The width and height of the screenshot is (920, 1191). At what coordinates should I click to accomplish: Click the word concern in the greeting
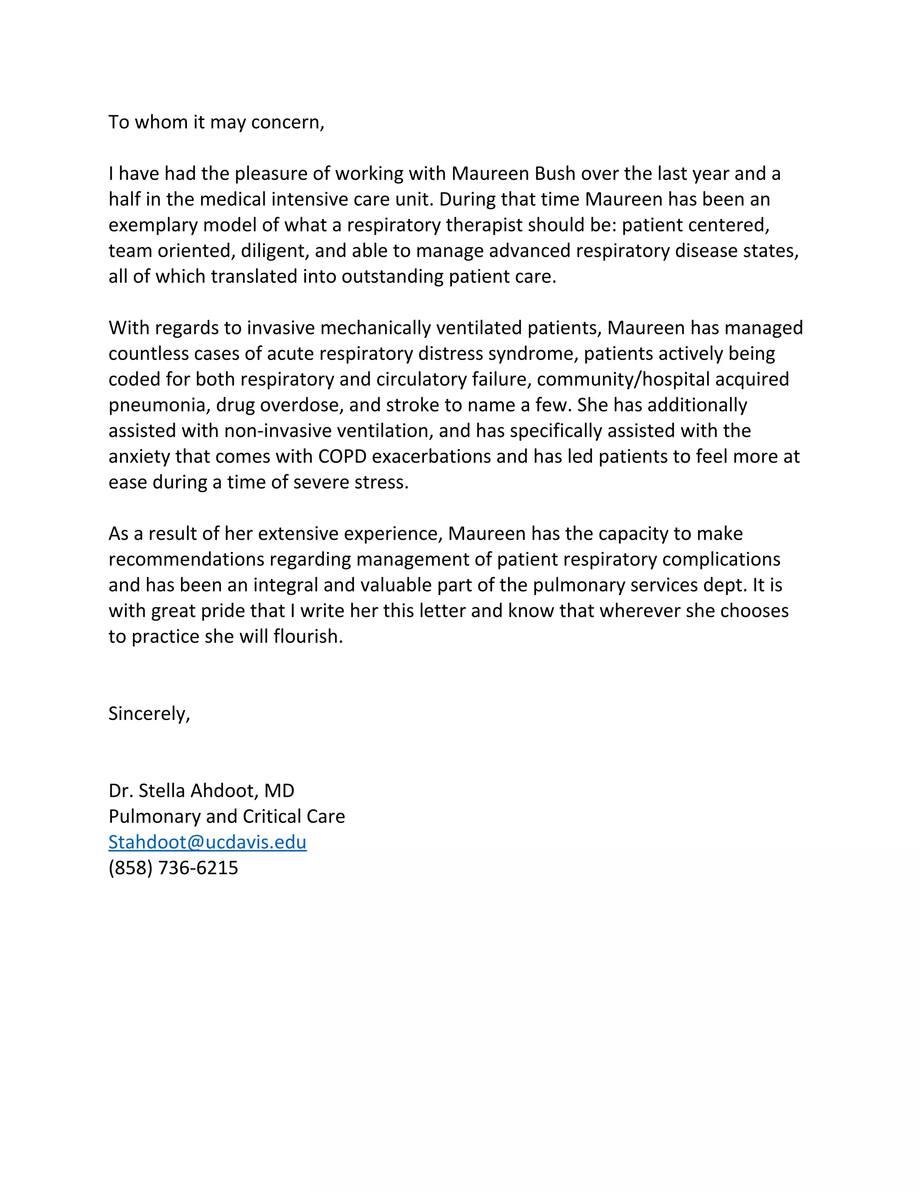(x=287, y=122)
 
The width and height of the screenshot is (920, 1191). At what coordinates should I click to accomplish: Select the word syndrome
(x=532, y=353)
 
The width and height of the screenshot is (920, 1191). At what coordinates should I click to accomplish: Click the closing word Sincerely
(x=149, y=713)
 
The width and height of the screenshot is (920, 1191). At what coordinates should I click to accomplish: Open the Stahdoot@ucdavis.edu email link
(x=207, y=842)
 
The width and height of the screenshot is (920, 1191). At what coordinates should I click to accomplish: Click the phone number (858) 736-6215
(x=173, y=867)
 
